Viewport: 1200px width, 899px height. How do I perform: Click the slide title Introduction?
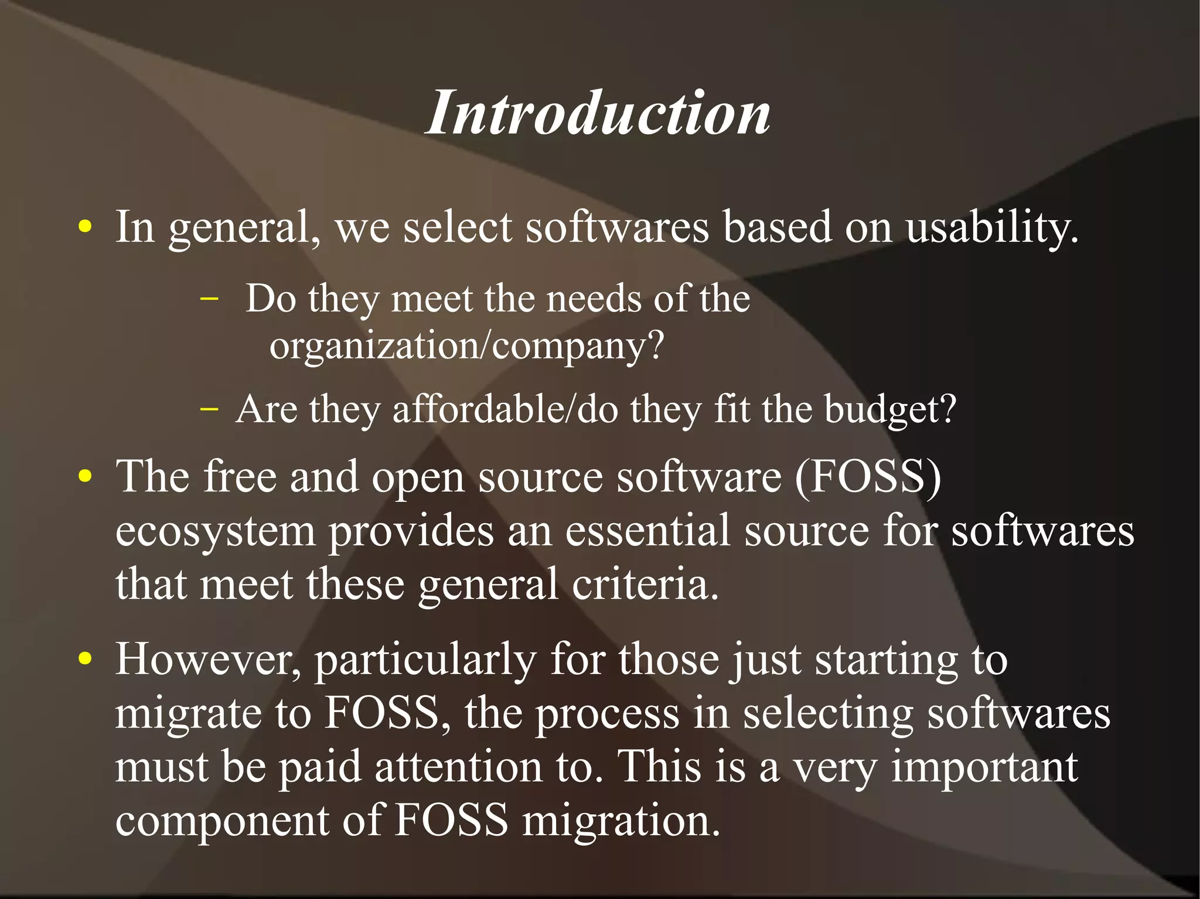598,112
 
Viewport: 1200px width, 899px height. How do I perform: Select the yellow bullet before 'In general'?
86,227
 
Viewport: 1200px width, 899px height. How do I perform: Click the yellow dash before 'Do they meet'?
209,299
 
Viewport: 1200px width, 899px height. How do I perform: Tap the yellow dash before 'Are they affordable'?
209,408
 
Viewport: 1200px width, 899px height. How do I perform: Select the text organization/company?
466,346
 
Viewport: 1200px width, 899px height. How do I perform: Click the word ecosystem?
216,532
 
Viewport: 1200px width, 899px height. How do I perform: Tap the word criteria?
645,584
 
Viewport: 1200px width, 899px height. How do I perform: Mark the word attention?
458,767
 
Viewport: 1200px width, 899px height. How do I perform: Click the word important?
984,767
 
